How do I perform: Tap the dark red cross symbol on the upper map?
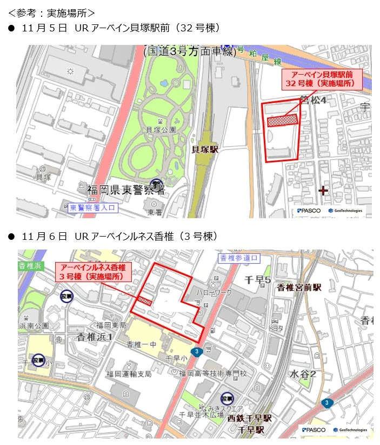click(x=323, y=191)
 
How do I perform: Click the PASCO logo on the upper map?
click(x=309, y=211)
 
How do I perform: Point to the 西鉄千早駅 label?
click(x=249, y=418)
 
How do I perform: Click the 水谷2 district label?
click(x=303, y=374)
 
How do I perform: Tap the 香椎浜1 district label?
click(x=95, y=337)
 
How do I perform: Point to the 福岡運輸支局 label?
click(x=129, y=374)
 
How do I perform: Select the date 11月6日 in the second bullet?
click(x=44, y=237)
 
